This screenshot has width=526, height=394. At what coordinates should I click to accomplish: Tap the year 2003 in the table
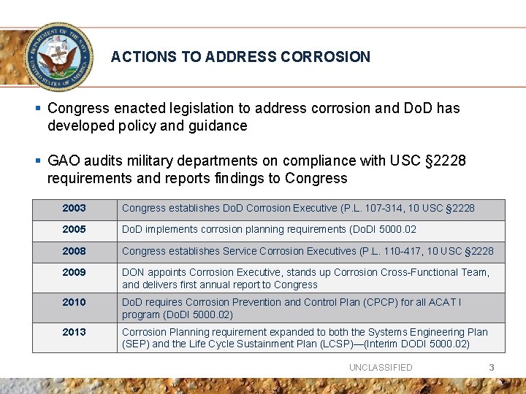74,209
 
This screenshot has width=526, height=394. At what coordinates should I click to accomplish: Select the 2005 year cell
74,230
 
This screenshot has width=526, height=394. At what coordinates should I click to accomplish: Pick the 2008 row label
74,251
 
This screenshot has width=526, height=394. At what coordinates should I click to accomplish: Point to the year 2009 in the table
74,272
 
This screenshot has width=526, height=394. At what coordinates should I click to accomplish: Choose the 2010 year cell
74,302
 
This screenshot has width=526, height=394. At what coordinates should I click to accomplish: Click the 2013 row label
74,332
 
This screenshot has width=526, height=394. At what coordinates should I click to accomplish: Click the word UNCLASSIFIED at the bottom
381,368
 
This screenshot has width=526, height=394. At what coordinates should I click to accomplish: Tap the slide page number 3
492,368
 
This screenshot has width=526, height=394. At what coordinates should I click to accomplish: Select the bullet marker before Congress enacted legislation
37,108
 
